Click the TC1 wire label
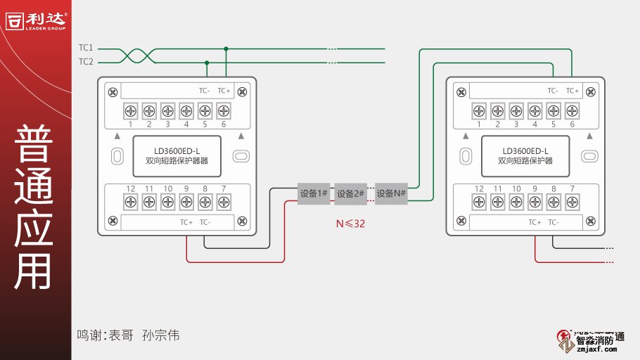pyautogui.click(x=86, y=48)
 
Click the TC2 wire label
pyautogui.click(x=86, y=62)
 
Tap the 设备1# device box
pyautogui.click(x=314, y=194)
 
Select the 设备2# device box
pyautogui.click(x=351, y=194)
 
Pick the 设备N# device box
pyautogui.click(x=391, y=194)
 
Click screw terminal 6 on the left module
pyautogui.click(x=224, y=110)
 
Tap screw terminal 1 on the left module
pyautogui.click(x=131, y=110)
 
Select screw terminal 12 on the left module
pyautogui.click(x=131, y=202)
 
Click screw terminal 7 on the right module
pyautogui.click(x=572, y=202)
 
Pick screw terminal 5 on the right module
pyautogui.click(x=553, y=110)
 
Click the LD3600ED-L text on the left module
pyautogui.click(x=177, y=150)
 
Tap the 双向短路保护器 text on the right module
pyautogui.click(x=525, y=161)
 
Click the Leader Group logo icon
pyautogui.click(x=15, y=20)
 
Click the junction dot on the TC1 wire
pyautogui.click(x=226, y=49)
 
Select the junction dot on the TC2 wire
pyautogui.click(x=206, y=62)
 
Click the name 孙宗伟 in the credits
pyautogui.click(x=160, y=335)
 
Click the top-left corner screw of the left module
pyautogui.click(x=112, y=91)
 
